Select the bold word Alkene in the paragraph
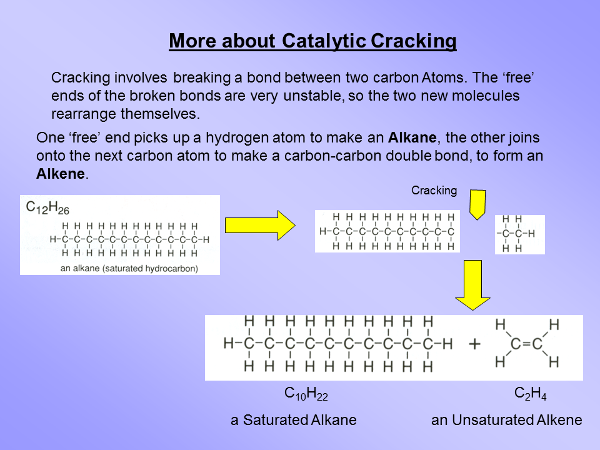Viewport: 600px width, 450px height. tap(60, 174)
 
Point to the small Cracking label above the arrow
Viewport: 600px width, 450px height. tap(434, 191)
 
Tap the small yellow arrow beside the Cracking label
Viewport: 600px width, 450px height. tap(477, 204)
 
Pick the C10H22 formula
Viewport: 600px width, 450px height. tap(306, 394)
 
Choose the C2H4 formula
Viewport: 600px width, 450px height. tap(531, 394)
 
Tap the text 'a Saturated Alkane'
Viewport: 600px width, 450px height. tap(294, 420)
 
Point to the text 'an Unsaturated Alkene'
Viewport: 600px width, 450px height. tap(506, 420)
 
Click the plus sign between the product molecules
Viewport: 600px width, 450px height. tap(474, 344)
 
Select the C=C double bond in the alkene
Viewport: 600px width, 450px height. tap(526, 343)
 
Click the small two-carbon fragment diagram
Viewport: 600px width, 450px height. tap(519, 234)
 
